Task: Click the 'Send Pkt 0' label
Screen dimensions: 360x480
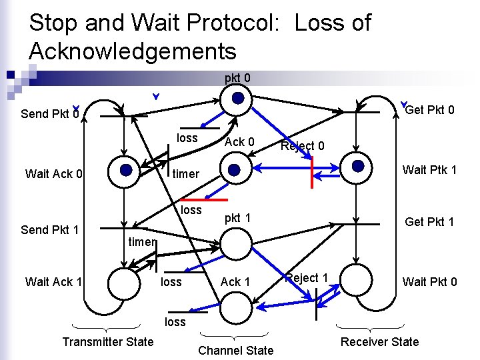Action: [x=50, y=113]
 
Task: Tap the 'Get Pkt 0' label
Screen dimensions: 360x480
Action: [x=429, y=109]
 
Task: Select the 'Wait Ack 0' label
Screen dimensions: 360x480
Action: [x=54, y=174]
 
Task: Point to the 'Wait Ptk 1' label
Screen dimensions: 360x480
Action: [x=429, y=170]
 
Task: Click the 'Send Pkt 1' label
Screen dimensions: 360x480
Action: [x=50, y=230]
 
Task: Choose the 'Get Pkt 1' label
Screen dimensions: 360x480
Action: [x=430, y=221]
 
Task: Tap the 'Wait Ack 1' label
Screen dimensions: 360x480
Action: [x=53, y=281]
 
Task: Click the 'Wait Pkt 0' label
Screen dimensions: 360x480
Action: [x=429, y=281]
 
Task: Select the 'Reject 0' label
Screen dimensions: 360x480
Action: [x=302, y=145]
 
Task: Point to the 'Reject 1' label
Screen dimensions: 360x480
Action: [x=307, y=277]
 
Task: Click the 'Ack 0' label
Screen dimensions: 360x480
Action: [x=239, y=141]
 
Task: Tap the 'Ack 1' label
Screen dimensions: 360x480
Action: [x=235, y=281]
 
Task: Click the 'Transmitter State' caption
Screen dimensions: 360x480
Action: [x=107, y=341]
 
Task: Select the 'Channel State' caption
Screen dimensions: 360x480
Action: [x=236, y=350]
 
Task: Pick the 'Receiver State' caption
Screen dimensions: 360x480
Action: [x=379, y=342]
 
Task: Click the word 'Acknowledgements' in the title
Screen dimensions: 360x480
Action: [x=133, y=51]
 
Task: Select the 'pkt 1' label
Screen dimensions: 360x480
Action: [x=237, y=218]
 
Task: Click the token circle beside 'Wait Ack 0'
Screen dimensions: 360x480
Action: [x=126, y=170]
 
